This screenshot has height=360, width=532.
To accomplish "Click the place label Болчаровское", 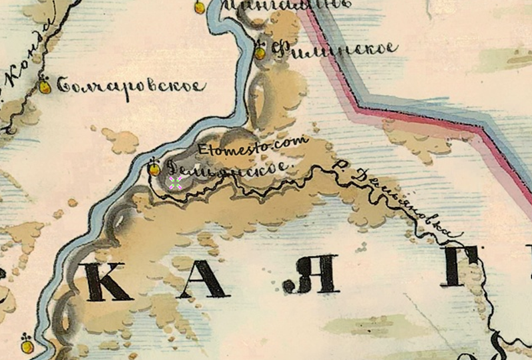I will point(130,86).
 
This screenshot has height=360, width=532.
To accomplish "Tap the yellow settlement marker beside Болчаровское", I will point(45,86).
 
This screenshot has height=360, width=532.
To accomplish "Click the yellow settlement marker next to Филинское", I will point(260,51).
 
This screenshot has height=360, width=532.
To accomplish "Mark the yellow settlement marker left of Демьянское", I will point(154,168).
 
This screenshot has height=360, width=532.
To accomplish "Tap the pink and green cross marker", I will point(176,183).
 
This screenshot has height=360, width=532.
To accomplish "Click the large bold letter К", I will point(107,281).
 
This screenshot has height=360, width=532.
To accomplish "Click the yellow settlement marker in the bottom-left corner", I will point(27,345).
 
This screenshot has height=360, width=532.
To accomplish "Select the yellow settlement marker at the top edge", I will point(199,7).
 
